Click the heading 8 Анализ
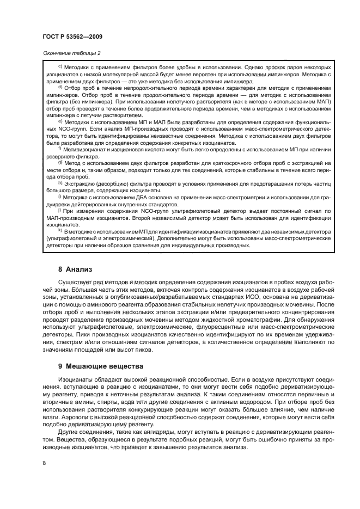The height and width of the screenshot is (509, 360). point(76,269)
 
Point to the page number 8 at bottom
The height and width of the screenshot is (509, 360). point(44,462)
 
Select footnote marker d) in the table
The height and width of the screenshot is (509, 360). point(60,87)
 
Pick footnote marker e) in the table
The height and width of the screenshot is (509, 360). point(60,122)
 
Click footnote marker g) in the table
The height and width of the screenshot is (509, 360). point(60,162)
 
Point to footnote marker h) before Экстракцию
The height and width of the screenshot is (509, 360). point(60,183)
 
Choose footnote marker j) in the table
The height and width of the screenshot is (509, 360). point(60,210)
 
